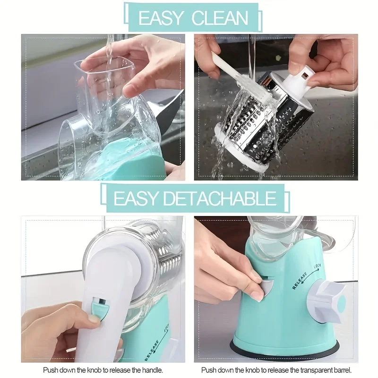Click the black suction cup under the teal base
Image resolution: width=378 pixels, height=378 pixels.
click(x=283, y=350)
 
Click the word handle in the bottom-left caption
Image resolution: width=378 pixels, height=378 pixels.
click(x=151, y=370)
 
